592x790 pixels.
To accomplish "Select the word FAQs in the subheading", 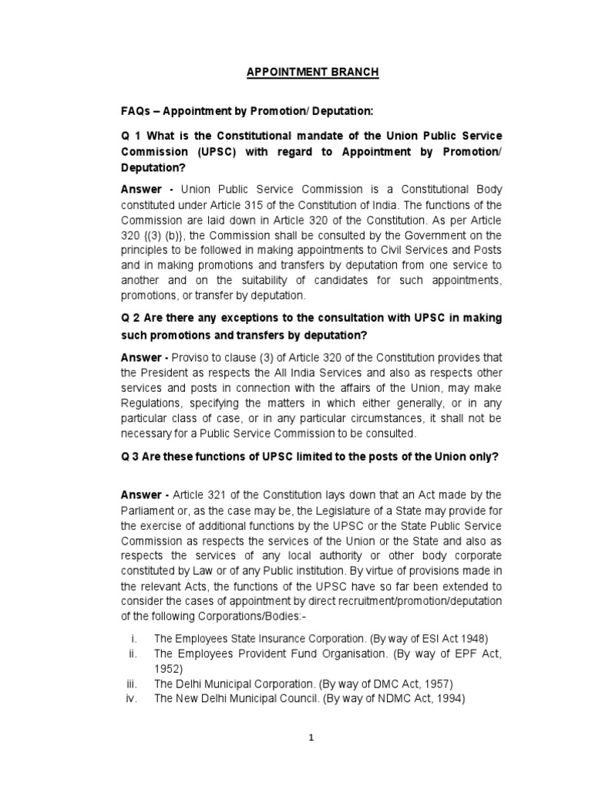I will tap(136, 112).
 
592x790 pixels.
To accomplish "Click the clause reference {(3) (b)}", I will tap(159, 235).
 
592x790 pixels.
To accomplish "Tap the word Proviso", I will tap(189, 357).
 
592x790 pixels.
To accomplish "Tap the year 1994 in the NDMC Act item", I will tap(449, 699).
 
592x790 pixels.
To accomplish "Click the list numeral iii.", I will tap(130, 684).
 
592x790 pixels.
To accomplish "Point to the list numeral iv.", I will tap(130, 699).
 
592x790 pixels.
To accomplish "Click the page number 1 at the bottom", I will tap(311, 738).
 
